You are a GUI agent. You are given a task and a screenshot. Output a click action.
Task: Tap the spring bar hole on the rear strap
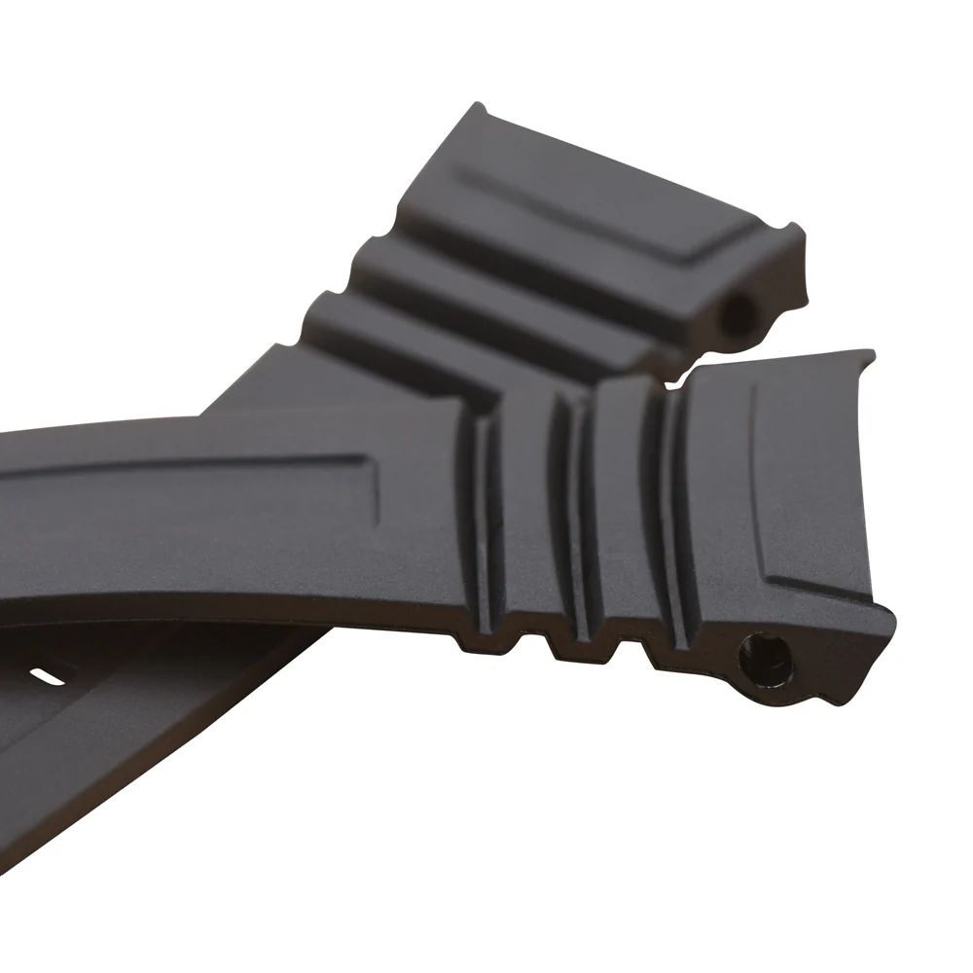click(x=740, y=313)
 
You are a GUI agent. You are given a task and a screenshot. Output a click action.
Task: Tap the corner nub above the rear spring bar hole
click(x=797, y=232)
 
